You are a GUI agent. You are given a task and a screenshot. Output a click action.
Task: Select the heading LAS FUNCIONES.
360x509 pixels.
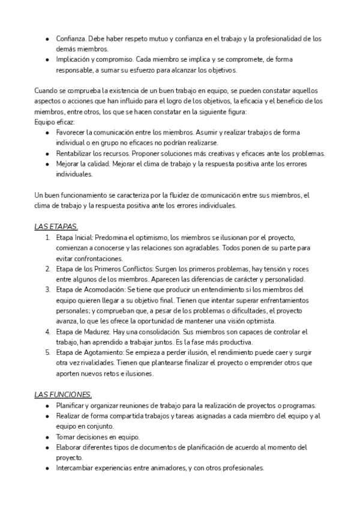pos(63,394)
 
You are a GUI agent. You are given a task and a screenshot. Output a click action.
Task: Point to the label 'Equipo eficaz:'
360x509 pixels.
pos(55,122)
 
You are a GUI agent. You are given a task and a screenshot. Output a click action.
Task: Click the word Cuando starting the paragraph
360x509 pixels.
pos(46,91)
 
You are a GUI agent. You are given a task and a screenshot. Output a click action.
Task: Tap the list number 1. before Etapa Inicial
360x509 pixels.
pos(47,236)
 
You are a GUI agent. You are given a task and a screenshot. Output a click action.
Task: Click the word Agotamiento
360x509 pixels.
pos(105,352)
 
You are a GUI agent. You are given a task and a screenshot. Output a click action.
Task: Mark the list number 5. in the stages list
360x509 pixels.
pos(47,352)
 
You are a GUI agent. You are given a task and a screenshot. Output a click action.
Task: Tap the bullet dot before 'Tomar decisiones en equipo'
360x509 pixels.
pos(47,436)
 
